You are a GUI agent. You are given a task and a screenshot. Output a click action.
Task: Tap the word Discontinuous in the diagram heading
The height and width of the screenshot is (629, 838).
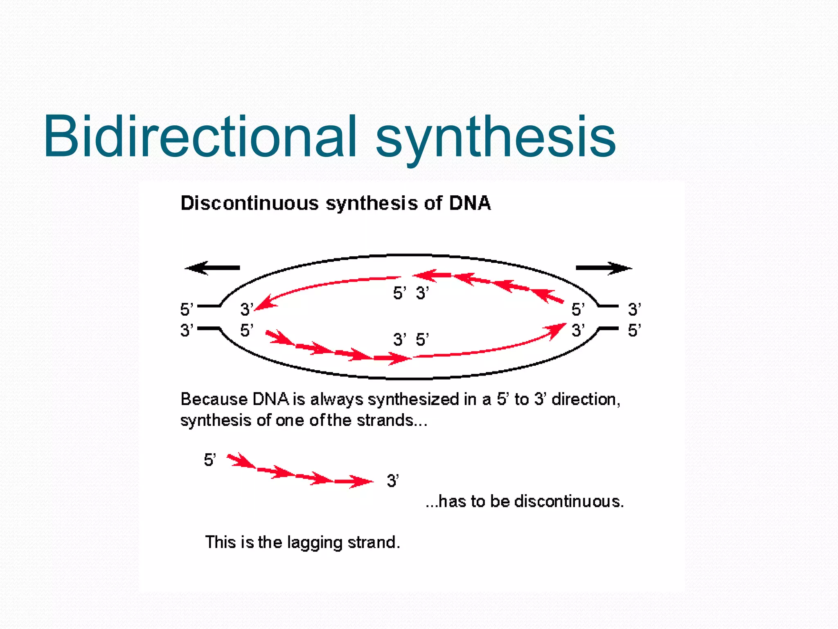click(249, 203)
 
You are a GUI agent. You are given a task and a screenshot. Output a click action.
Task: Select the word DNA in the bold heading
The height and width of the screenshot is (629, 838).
click(470, 203)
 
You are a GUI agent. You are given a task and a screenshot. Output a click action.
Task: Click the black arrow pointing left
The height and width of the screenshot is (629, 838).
click(212, 268)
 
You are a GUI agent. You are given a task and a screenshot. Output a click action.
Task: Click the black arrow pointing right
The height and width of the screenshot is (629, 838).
click(604, 268)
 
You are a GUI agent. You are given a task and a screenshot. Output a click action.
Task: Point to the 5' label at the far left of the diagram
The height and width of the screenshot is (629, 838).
click(186, 309)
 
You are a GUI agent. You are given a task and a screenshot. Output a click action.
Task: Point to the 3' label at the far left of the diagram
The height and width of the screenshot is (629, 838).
click(186, 330)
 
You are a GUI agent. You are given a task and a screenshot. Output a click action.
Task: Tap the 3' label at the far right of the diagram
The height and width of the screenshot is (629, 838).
click(634, 309)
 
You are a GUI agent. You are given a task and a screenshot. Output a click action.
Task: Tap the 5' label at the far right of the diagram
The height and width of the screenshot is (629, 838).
click(634, 330)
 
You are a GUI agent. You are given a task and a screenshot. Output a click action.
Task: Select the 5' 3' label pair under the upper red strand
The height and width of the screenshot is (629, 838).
click(410, 293)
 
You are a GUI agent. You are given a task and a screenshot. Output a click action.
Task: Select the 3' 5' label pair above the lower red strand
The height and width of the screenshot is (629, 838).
click(410, 339)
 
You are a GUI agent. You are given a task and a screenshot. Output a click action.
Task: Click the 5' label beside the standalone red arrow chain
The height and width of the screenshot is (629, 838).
click(209, 460)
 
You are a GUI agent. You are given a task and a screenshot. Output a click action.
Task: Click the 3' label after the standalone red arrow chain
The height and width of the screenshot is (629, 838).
click(392, 480)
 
